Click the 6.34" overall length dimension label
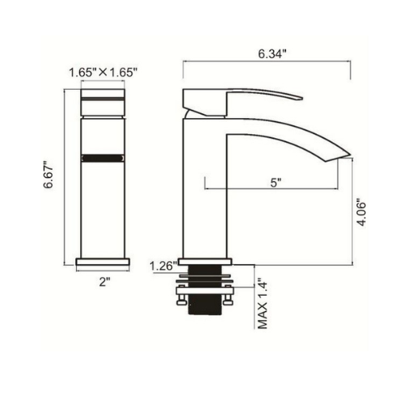coord(272,53)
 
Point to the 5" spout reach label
coord(276,183)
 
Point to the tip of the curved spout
coord(345,154)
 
